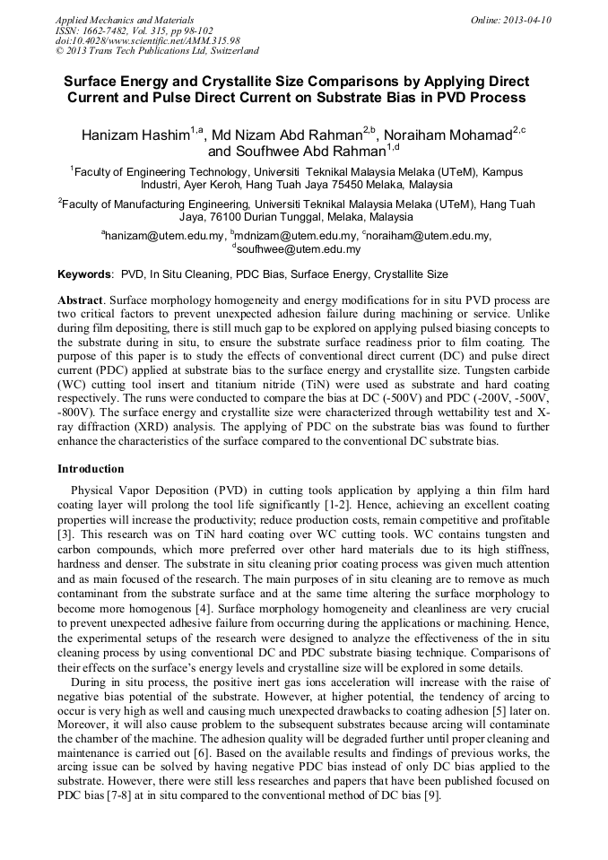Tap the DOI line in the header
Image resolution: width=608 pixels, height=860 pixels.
(x=147, y=40)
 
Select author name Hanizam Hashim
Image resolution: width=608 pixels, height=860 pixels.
(x=135, y=135)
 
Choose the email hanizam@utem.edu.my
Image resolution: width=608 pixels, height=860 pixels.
(x=165, y=236)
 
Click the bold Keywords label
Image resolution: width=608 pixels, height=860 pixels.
(x=84, y=274)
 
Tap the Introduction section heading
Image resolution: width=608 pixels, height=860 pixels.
(x=91, y=468)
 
